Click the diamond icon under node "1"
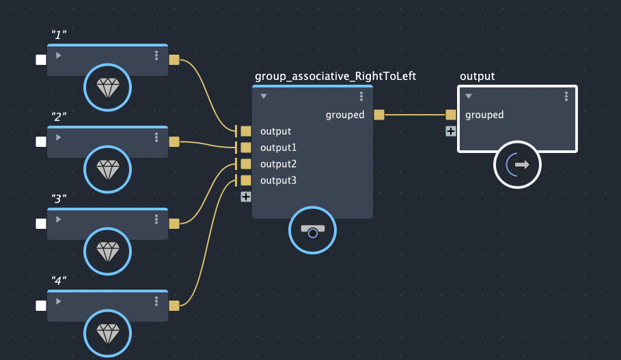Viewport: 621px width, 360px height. point(107,87)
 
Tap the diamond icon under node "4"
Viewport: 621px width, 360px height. point(107,333)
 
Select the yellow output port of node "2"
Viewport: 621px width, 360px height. point(174,141)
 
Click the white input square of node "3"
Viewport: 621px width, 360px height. point(41,223)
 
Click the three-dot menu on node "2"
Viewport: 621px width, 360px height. point(156,137)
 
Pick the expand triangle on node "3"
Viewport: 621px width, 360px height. point(59,219)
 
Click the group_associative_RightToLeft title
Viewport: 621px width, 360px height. point(335,77)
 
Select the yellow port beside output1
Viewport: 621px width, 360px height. point(246,148)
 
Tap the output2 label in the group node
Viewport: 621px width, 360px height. point(278,164)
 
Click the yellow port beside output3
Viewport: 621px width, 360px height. point(246,180)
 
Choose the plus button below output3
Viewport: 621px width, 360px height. point(246,197)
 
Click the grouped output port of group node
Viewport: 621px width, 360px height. point(379,115)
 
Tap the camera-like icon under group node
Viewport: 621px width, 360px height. point(312,230)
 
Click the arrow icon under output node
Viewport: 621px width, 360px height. point(518,164)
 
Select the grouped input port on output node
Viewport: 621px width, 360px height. point(451,115)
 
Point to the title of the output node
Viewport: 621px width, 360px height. point(478,77)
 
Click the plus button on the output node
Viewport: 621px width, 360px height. point(451,131)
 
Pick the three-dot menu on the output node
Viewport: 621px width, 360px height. point(566,96)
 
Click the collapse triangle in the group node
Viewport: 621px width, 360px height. point(264,96)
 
